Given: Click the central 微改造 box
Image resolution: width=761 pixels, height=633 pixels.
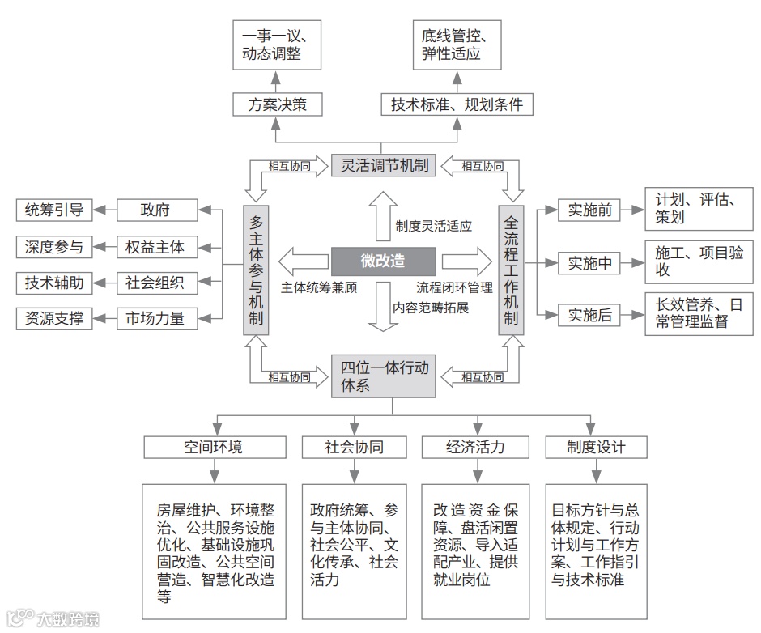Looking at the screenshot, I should (x=383, y=261).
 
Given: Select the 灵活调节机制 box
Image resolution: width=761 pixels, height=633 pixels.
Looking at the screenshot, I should (x=383, y=166).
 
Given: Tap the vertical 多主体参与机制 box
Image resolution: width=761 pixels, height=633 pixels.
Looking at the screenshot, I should (x=256, y=270).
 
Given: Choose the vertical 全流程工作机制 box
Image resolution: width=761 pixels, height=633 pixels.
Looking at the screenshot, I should (x=510, y=270).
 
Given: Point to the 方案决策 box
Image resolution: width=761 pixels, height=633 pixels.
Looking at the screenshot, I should (x=275, y=104).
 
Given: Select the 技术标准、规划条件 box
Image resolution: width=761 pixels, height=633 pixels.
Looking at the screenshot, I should (x=457, y=104).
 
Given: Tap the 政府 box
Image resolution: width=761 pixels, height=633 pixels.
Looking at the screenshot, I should (x=155, y=210).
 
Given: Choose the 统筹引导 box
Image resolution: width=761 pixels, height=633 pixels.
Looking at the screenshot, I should (x=54, y=210).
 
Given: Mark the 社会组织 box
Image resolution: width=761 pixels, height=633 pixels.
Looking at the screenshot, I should (x=155, y=283).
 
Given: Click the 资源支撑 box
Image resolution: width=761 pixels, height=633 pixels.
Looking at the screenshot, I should (x=54, y=318).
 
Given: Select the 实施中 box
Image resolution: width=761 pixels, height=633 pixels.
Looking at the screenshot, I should (x=589, y=263).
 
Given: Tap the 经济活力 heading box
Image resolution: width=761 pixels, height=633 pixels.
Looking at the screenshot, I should (x=475, y=447).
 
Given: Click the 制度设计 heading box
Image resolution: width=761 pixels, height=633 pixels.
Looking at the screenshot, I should (x=596, y=447).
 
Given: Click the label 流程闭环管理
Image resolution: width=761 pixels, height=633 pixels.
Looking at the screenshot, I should (x=454, y=287).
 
